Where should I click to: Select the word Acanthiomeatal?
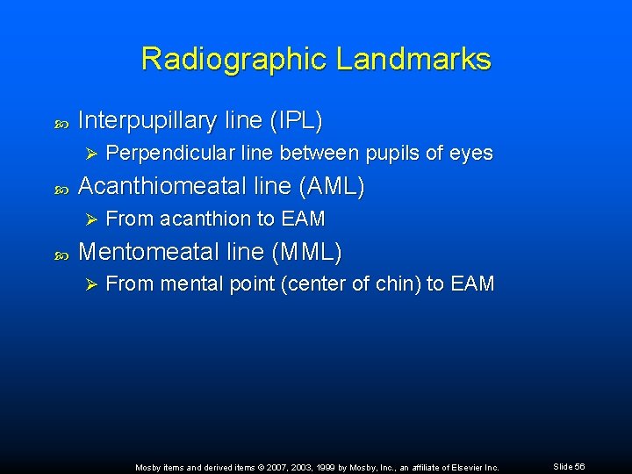(162, 186)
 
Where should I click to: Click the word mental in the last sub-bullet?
(183, 284)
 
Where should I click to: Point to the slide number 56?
(579, 467)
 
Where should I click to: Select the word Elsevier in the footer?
(468, 468)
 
